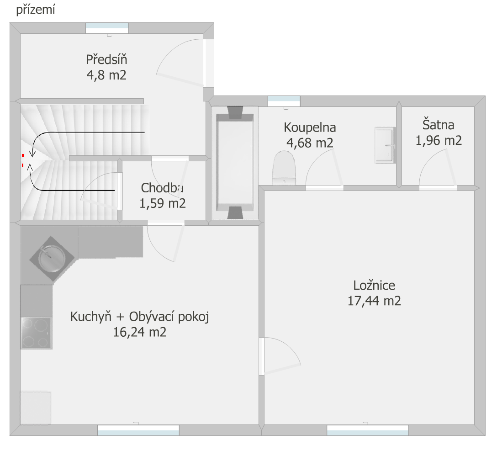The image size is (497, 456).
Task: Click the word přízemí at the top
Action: click(x=36, y=10)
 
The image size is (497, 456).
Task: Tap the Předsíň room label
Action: click(x=106, y=59)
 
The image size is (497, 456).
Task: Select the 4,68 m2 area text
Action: click(x=310, y=143)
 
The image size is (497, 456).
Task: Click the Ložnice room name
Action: click(x=374, y=286)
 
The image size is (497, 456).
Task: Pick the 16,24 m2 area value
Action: click(x=140, y=332)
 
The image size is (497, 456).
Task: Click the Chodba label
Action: click(x=162, y=188)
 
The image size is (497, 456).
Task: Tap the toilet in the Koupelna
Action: click(x=284, y=168)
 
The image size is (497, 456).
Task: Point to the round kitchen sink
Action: click(x=52, y=259)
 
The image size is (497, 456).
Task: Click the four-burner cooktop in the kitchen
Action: click(x=36, y=333)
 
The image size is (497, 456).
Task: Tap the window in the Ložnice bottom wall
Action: click(x=368, y=430)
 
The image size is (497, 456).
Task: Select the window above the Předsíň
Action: click(x=107, y=28)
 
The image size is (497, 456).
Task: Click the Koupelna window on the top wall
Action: click(x=284, y=101)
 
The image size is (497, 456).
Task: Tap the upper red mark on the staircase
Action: click(x=23, y=155)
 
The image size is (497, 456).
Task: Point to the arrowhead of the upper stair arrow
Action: click(x=32, y=154)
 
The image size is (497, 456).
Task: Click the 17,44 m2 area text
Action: click(x=374, y=301)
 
